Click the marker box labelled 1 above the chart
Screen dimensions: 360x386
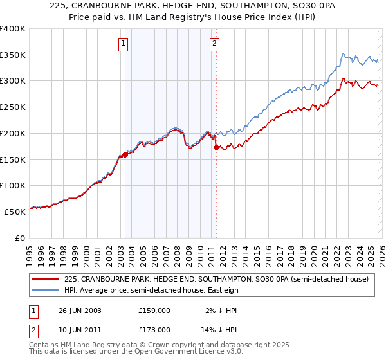point(123,44)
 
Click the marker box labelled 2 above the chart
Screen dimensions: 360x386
point(214,44)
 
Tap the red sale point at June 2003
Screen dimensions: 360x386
point(125,154)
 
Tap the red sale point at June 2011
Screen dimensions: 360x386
point(216,147)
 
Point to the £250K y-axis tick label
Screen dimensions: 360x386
point(13,107)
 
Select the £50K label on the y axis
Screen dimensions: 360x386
point(15,211)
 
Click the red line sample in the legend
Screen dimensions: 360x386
point(45,280)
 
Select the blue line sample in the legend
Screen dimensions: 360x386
point(45,290)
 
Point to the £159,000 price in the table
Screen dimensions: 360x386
point(154,310)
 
